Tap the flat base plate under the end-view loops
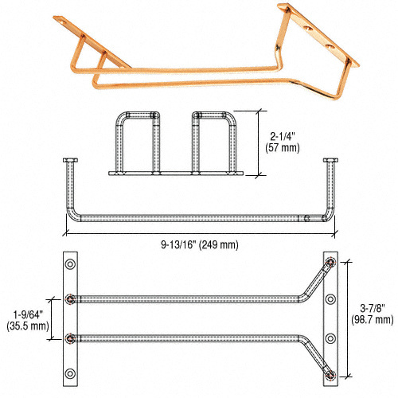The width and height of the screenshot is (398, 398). pos(176,172)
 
